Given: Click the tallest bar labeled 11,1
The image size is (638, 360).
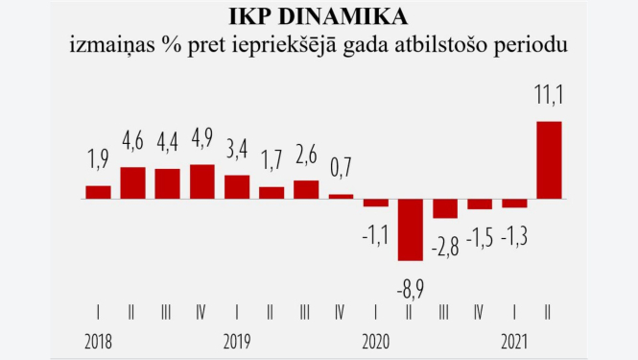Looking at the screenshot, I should [548, 160].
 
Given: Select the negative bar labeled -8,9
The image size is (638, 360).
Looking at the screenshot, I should [410, 229].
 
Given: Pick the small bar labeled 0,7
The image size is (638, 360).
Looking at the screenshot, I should [341, 196].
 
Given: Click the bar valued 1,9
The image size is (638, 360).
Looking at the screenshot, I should [99, 192].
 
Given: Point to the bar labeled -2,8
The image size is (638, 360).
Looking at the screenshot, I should [444, 208].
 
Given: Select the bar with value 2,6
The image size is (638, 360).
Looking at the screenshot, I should [306, 189].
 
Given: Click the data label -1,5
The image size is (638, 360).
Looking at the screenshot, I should [479, 236].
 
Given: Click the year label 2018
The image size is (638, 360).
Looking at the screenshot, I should [99, 341].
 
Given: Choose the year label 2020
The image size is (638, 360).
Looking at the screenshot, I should [375, 341].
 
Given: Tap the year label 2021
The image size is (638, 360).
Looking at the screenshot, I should [513, 341].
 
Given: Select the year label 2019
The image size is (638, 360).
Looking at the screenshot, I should [237, 341].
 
